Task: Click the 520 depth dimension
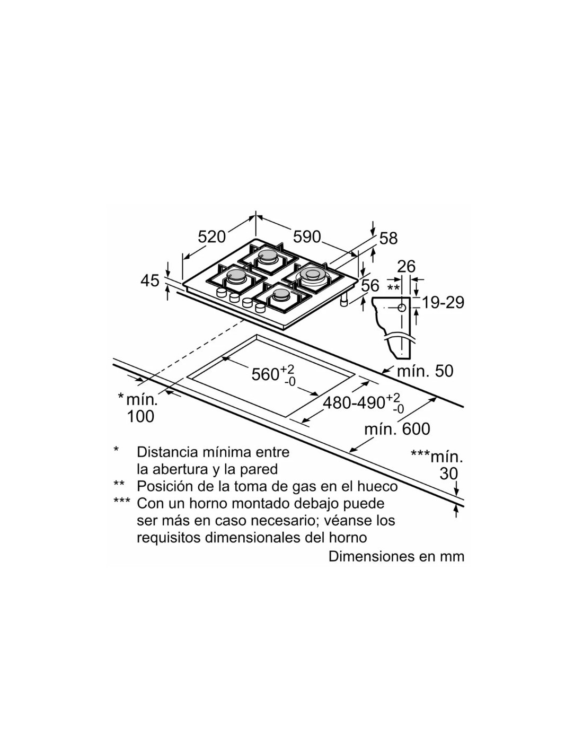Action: pyautogui.click(x=211, y=236)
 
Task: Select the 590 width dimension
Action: pyautogui.click(x=307, y=236)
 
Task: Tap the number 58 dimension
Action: pyautogui.click(x=388, y=239)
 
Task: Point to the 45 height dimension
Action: pyautogui.click(x=150, y=280)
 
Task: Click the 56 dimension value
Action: pyautogui.click(x=370, y=286)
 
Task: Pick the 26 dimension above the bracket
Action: pyautogui.click(x=406, y=267)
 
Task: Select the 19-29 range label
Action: pyautogui.click(x=443, y=303)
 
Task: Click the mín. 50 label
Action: pyautogui.click(x=425, y=371)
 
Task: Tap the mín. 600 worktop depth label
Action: pyautogui.click(x=397, y=429)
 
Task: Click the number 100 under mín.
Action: pyautogui.click(x=140, y=416)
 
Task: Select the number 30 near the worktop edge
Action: pyautogui.click(x=449, y=474)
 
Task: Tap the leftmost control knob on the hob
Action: pyautogui.click(x=221, y=292)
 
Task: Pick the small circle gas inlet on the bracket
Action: pyautogui.click(x=402, y=308)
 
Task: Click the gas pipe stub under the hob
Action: pyautogui.click(x=344, y=301)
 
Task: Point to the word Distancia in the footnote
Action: pyautogui.click(x=163, y=452)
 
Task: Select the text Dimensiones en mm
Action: pyautogui.click(x=396, y=556)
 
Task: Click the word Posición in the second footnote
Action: pyautogui.click(x=162, y=486)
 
